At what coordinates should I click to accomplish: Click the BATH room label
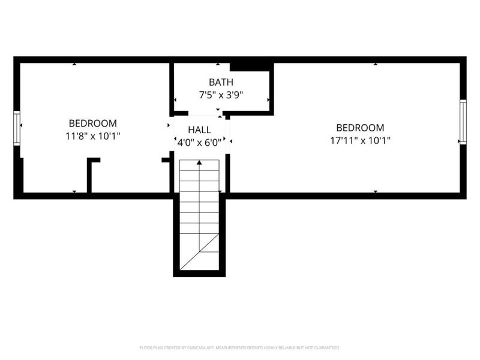pyautogui.click(x=221, y=82)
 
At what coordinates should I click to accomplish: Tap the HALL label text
pyautogui.click(x=199, y=130)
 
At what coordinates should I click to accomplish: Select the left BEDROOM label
pyautogui.click(x=92, y=123)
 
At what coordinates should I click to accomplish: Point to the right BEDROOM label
pyautogui.click(x=360, y=127)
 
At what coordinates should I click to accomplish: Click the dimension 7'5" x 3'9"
pyautogui.click(x=221, y=95)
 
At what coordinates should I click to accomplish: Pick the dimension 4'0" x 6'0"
pyautogui.click(x=199, y=143)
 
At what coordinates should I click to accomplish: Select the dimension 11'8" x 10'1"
pyautogui.click(x=93, y=136)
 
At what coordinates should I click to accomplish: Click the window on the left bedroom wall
pyautogui.click(x=17, y=127)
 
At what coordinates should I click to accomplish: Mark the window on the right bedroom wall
pyautogui.click(x=463, y=122)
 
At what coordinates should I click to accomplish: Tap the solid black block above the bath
pyautogui.click(x=251, y=65)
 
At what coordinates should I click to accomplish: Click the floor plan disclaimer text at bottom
pyautogui.click(x=239, y=347)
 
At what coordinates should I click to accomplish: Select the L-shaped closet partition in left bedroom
pyautogui.click(x=91, y=174)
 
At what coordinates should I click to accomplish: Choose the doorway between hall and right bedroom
pyautogui.click(x=228, y=137)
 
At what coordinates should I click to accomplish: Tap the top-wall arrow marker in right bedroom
pyautogui.click(x=376, y=64)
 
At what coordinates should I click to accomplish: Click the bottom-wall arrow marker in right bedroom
pyautogui.click(x=376, y=191)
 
